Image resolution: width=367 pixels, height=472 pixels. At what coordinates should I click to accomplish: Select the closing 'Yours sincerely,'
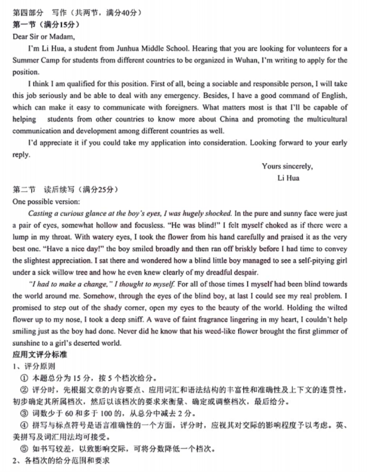[x=287, y=167]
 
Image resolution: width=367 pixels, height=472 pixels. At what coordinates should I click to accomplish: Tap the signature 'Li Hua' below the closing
[x=288, y=178]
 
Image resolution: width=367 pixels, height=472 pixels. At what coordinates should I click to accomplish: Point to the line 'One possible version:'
[x=46, y=202]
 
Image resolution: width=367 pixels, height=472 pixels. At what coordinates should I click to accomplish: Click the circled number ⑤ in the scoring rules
[x=24, y=449]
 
